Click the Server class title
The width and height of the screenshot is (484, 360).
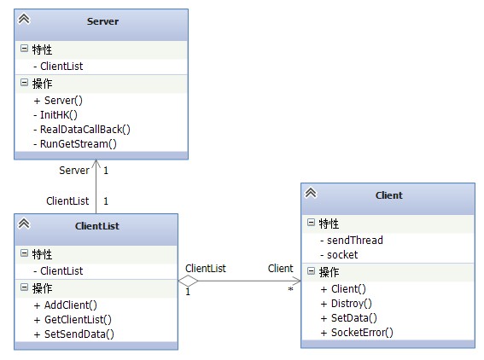tap(102, 21)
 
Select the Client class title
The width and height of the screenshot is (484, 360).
tap(389, 195)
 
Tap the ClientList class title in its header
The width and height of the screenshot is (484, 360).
tap(97, 226)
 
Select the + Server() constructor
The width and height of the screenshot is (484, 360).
tap(58, 101)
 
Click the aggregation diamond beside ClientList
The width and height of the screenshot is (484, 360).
tap(188, 281)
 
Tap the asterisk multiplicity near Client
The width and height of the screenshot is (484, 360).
tap(290, 289)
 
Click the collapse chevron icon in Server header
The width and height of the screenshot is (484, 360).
tap(24, 19)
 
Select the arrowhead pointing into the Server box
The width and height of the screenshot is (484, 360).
tap(96, 164)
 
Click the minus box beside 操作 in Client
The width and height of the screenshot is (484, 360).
tap(311, 270)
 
